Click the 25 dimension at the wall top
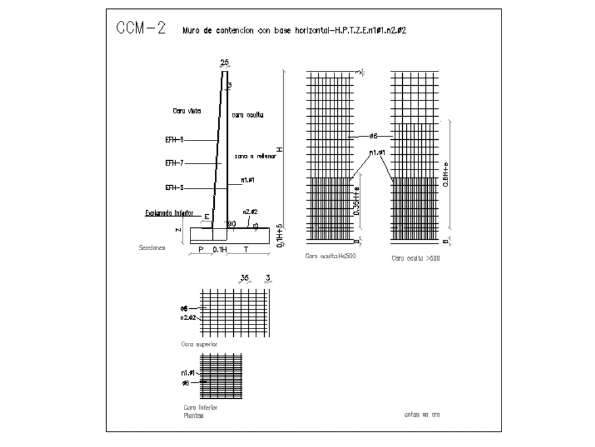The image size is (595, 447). [x=224, y=62]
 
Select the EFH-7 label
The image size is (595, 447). [x=174, y=162]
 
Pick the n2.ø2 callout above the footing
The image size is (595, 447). [x=249, y=211]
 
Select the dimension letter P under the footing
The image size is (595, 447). [x=201, y=250]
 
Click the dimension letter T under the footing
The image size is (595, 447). [x=246, y=250]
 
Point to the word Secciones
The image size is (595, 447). [x=151, y=247]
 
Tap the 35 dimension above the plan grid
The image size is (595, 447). [x=244, y=277]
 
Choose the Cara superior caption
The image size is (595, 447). [x=195, y=344]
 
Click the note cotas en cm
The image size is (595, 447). [x=421, y=414]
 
